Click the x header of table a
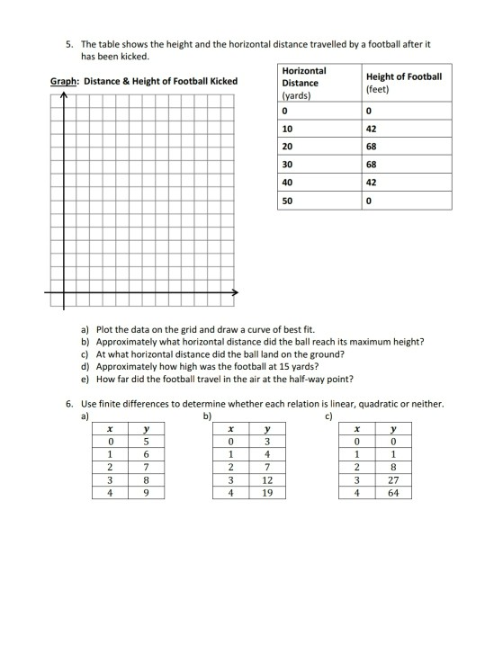(x=110, y=429)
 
